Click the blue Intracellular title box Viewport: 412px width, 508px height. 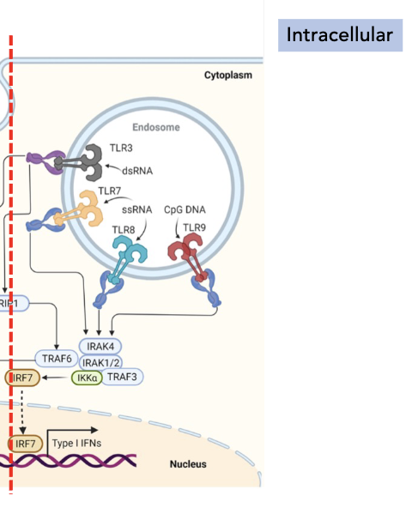click(339, 35)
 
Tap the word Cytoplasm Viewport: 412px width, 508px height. click(227, 76)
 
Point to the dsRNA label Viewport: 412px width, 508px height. click(136, 170)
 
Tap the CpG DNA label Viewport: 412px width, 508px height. click(185, 209)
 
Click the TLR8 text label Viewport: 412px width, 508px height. click(124, 230)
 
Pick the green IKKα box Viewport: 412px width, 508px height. click(86, 378)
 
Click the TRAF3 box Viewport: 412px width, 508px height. click(123, 378)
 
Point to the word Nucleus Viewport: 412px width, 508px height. click(188, 465)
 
